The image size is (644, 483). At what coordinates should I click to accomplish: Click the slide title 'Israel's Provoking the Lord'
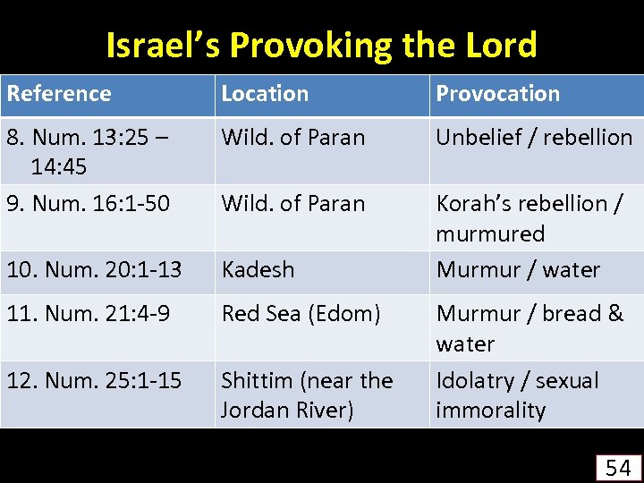click(321, 45)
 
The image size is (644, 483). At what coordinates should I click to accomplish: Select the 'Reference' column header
click(59, 94)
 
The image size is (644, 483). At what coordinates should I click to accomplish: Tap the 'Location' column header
click(265, 94)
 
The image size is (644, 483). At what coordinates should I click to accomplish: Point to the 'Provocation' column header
click(497, 94)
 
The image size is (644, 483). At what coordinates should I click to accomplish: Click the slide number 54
click(618, 467)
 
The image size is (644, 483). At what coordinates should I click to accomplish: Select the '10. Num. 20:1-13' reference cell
click(94, 269)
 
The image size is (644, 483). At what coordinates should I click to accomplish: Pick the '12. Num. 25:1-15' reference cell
click(94, 381)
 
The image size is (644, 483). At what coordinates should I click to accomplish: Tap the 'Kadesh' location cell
click(258, 269)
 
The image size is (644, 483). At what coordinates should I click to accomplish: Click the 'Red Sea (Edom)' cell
click(301, 314)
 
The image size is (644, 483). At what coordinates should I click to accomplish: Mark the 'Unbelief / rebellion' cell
click(534, 138)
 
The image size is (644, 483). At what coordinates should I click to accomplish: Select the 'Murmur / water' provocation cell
click(518, 269)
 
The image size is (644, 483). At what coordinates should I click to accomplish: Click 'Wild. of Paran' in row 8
click(293, 138)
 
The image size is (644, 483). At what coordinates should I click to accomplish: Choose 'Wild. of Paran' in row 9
click(293, 204)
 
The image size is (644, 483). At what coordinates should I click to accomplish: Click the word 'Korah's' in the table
click(472, 204)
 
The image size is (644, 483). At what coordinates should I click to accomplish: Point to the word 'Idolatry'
click(472, 381)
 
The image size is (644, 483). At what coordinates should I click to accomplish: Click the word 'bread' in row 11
click(572, 314)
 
